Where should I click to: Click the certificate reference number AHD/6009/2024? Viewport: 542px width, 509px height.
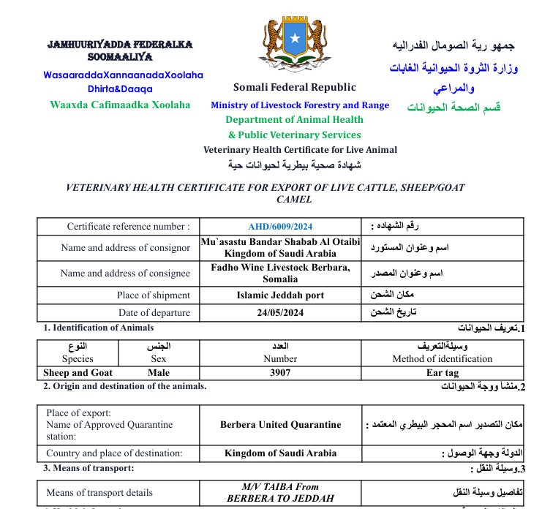click(x=280, y=227)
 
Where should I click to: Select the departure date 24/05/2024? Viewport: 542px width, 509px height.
click(x=280, y=313)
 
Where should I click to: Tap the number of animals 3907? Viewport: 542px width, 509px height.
click(x=280, y=373)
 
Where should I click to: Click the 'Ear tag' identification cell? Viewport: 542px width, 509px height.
click(x=442, y=373)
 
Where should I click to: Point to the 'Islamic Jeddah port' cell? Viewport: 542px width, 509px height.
click(x=280, y=295)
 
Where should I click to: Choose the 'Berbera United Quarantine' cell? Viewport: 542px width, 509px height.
click(x=280, y=424)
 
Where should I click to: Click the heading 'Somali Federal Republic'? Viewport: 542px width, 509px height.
click(x=295, y=87)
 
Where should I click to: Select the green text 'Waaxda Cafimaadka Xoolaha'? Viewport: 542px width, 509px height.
click(x=120, y=105)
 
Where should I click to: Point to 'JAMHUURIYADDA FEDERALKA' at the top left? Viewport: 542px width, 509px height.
click(x=120, y=45)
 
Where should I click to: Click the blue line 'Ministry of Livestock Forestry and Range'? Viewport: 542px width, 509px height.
click(x=300, y=105)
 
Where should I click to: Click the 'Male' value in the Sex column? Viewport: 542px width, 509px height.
click(x=159, y=373)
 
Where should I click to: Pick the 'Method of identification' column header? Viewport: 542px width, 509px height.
click(x=442, y=359)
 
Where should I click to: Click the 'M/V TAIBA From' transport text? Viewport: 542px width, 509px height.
click(x=280, y=486)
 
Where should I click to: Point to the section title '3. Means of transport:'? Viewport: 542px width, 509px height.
click(x=89, y=468)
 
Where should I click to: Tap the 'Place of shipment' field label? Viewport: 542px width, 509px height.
click(x=154, y=295)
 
